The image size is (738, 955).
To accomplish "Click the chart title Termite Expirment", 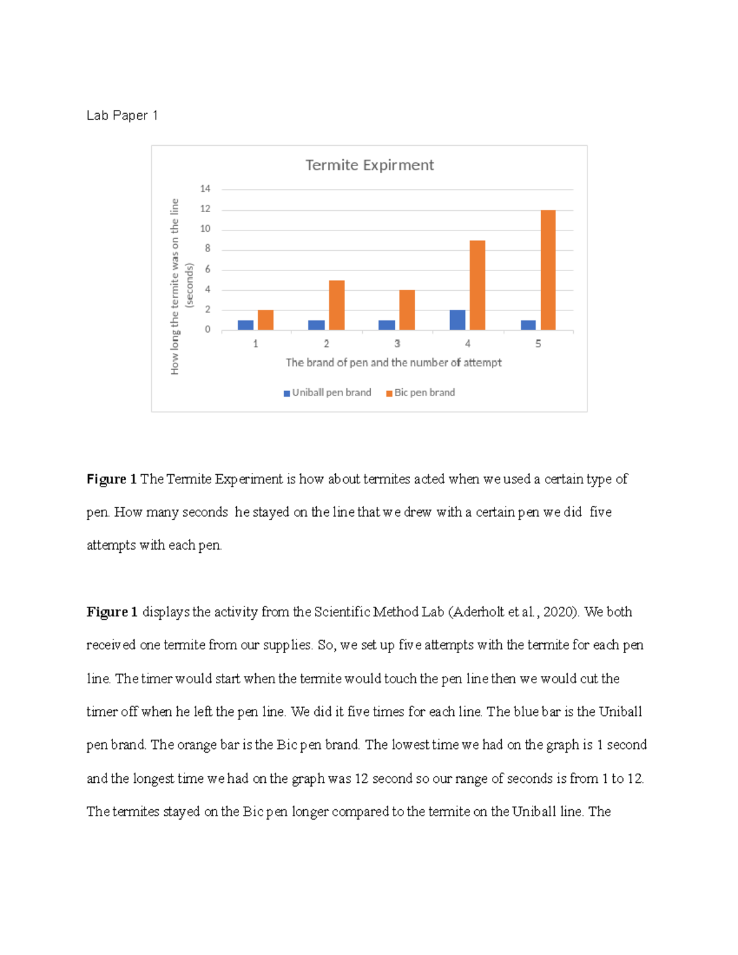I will click(369, 165).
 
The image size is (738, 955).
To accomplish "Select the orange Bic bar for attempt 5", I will click(547, 270).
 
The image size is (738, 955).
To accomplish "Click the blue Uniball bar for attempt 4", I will click(457, 320).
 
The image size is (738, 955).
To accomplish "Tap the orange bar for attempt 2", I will click(336, 305).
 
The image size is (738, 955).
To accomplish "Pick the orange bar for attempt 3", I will click(407, 310).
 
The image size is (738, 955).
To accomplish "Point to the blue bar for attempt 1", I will click(245, 325).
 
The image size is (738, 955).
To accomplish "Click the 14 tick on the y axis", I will click(205, 189).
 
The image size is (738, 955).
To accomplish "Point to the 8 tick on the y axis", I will click(207, 249).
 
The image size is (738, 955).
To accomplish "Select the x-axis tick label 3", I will click(397, 344).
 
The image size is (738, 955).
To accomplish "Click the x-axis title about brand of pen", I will click(393, 363).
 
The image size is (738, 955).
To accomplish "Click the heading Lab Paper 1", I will click(122, 116).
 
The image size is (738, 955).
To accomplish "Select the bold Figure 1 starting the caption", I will click(111, 479).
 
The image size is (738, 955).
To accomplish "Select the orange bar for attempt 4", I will click(477, 285).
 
